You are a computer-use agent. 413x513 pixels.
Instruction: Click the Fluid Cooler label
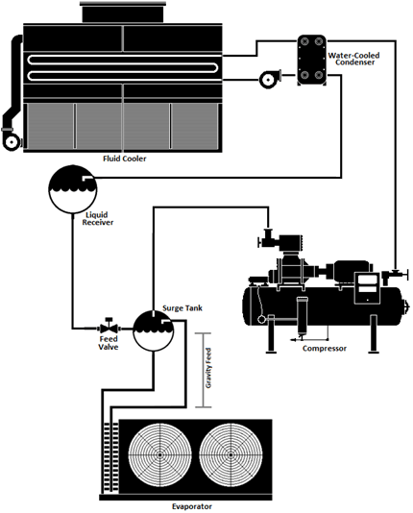pyautogui.click(x=124, y=158)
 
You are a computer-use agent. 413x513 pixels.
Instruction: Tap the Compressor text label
pyautogui.click(x=325, y=348)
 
